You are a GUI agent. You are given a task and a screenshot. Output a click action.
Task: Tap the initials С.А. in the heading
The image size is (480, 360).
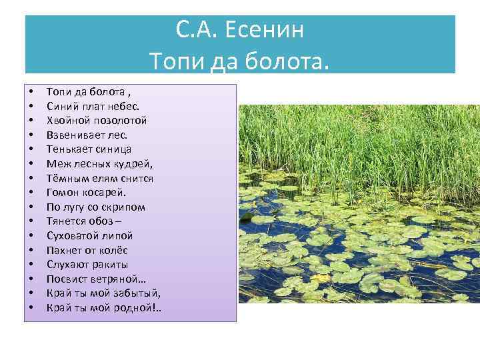click(x=198, y=31)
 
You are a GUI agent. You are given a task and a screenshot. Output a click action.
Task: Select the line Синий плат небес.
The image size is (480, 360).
click(x=93, y=105)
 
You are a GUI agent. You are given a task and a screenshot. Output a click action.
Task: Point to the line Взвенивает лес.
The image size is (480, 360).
click(x=88, y=135)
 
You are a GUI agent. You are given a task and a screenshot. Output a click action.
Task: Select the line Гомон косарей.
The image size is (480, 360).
click(x=86, y=193)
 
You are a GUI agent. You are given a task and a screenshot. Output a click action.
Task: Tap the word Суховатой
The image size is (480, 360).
click(x=73, y=235)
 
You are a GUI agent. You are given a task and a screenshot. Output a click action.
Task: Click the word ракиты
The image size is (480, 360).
click(x=109, y=265)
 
